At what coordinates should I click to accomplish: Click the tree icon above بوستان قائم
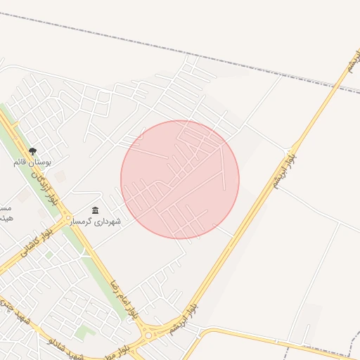tap(32, 152)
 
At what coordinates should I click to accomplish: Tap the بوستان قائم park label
tap(29, 162)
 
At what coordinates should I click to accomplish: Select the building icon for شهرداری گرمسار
tap(96, 210)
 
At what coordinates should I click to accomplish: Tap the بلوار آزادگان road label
tap(41, 186)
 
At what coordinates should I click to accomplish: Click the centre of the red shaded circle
tap(180, 179)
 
